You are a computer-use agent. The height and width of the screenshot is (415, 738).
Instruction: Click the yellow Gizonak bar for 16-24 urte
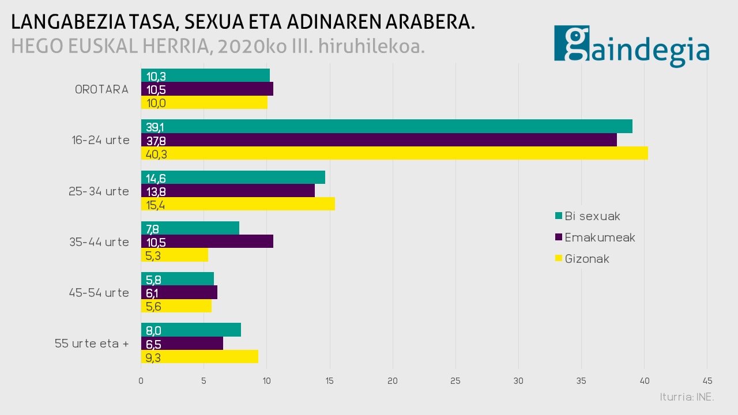pos(394,153)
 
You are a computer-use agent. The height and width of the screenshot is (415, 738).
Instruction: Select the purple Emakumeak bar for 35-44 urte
pos(207,242)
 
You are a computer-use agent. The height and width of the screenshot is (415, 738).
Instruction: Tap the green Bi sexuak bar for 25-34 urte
pos(233,178)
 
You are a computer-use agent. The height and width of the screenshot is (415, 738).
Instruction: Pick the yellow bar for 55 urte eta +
pos(199,357)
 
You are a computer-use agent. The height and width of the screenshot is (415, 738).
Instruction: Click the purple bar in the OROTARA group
pos(207,89)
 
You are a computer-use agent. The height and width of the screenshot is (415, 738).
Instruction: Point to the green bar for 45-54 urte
pos(178,279)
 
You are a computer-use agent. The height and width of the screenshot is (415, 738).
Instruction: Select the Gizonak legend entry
pos(587,259)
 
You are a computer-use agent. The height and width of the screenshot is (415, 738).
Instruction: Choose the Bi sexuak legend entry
pos(592,216)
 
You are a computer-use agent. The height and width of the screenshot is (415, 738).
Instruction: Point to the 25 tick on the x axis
pos(455,381)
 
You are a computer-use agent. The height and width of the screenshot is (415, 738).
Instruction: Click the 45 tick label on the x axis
pos(707,381)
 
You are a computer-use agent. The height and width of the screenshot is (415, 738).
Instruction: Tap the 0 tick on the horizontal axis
pos(141,381)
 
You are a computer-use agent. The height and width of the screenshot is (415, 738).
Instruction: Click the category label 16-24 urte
pos(101,140)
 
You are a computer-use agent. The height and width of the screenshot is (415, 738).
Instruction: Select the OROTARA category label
pos(101,89)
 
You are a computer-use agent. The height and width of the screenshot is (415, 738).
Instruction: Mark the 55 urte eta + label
pos(92,344)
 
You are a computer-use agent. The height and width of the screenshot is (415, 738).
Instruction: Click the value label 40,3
pos(157,154)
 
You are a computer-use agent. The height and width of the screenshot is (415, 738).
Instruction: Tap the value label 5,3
pos(153,255)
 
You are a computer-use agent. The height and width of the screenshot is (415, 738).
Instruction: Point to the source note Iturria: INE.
pos(687,397)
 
